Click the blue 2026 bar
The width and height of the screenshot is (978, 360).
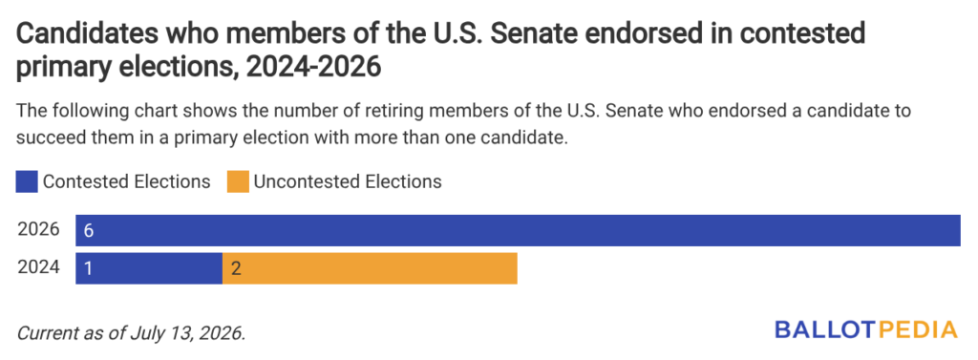(x=518, y=231)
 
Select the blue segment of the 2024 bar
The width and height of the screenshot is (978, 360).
(x=149, y=268)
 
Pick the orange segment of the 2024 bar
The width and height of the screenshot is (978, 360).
(x=370, y=268)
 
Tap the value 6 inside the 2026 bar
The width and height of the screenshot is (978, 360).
(x=89, y=231)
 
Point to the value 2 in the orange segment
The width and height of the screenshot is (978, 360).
(x=236, y=269)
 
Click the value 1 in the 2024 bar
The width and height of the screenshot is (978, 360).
(x=88, y=269)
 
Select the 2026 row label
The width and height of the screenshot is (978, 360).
(x=38, y=230)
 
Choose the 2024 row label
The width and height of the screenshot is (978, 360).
(x=38, y=267)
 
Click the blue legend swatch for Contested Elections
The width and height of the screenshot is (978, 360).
(x=28, y=182)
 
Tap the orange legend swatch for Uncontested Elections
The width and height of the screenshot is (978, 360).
(x=238, y=182)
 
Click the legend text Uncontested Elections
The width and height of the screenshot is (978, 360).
(x=348, y=182)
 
